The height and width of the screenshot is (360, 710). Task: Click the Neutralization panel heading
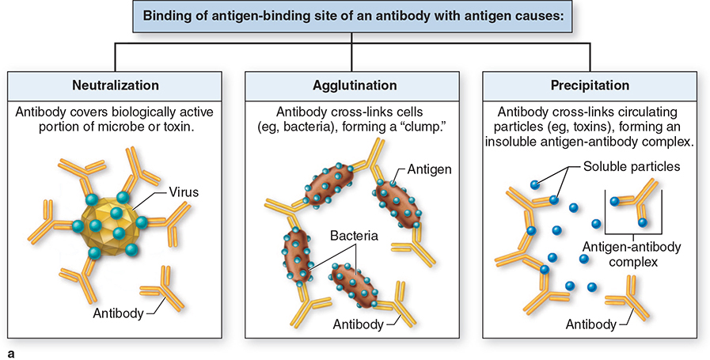(116, 85)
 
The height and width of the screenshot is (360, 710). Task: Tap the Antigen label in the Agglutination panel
(430, 169)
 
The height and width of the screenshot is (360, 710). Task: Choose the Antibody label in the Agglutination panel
(358, 324)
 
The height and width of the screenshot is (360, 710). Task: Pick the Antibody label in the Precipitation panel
(591, 324)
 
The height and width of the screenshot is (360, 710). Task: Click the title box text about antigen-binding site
(355, 17)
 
